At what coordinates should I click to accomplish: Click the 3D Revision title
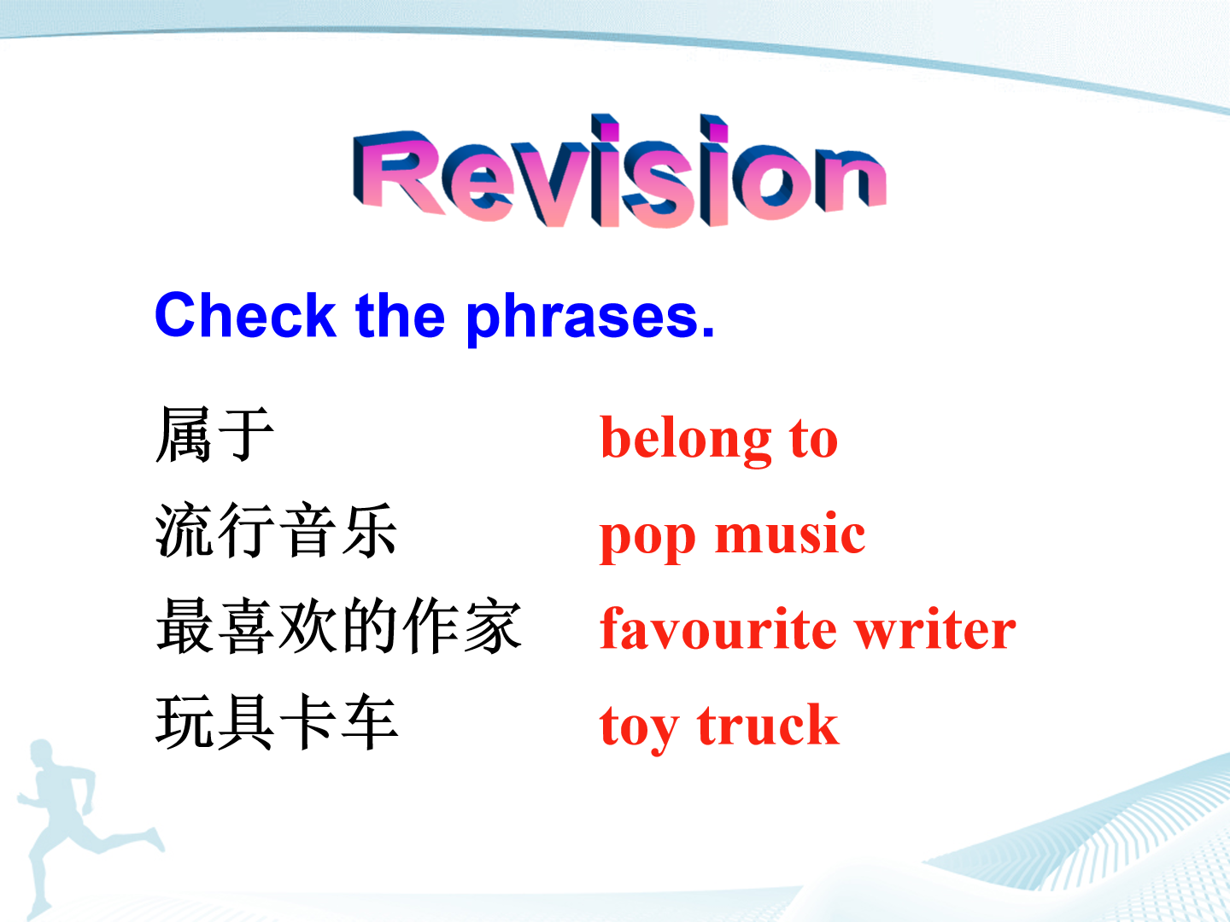pyautogui.click(x=619, y=171)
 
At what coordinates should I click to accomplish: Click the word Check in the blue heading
pyautogui.click(x=245, y=315)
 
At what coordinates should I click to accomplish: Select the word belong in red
pyautogui.click(x=686, y=441)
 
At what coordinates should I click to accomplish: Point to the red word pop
pyautogui.click(x=647, y=539)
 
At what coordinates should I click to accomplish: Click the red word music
pyautogui.click(x=790, y=533)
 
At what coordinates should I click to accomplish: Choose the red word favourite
pyautogui.click(x=718, y=628)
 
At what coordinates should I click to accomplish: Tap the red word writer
pyautogui.click(x=936, y=628)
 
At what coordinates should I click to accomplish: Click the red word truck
pyautogui.click(x=768, y=724)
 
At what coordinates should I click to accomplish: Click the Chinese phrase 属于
pyautogui.click(x=214, y=435)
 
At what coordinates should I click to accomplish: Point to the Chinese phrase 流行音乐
pyautogui.click(x=276, y=530)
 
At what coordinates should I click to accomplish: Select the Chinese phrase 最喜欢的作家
pyautogui.click(x=339, y=626)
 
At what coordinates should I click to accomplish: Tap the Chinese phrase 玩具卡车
pyautogui.click(x=277, y=721)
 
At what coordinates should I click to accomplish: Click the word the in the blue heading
pyautogui.click(x=400, y=314)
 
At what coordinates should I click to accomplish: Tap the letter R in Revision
pyautogui.click(x=398, y=171)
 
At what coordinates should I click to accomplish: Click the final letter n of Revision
pyautogui.click(x=851, y=180)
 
